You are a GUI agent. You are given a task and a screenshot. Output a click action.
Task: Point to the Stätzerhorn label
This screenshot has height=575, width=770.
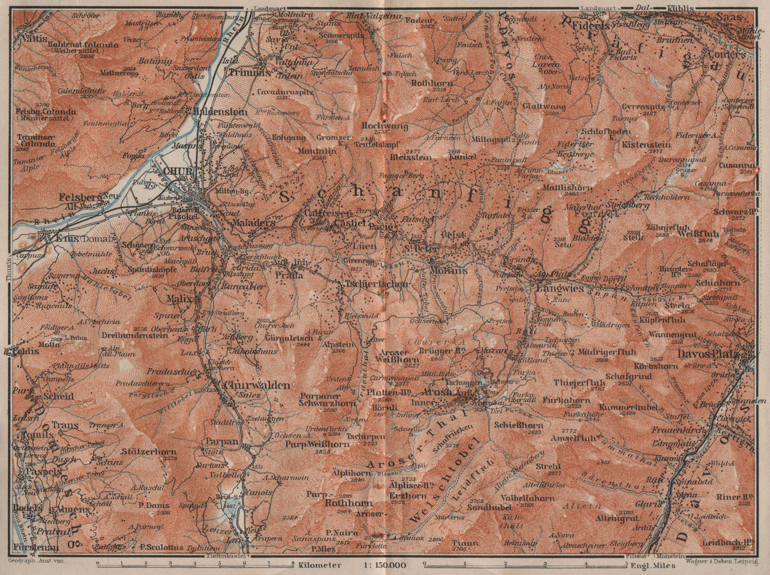149,452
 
